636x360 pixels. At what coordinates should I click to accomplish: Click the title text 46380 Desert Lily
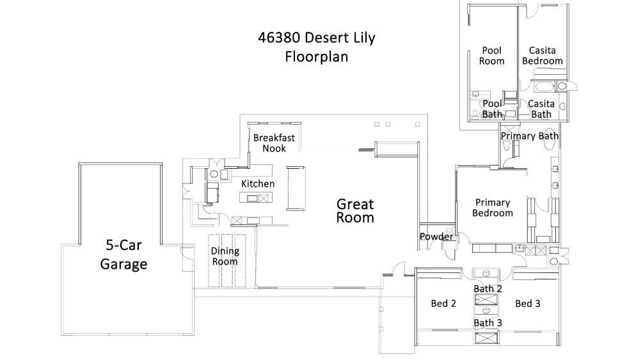pos(316,38)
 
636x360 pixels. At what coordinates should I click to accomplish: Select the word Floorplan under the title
pos(316,57)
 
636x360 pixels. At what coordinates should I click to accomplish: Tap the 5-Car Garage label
pos(123,254)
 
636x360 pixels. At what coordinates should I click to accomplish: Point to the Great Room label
pos(355,210)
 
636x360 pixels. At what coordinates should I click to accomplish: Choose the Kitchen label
pos(257,184)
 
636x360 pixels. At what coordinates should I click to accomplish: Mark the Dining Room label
pos(225,256)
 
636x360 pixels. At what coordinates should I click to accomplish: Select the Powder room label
pos(436,237)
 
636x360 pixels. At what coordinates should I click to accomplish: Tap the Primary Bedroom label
pos(492,208)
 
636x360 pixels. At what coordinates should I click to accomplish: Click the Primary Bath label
pos(529,136)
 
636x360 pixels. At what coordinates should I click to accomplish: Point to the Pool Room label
pos(491,56)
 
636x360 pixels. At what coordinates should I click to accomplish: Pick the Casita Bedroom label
pos(542,56)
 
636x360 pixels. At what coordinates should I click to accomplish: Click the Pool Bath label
pos(492,109)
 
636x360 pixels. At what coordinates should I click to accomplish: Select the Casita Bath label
pos(541,109)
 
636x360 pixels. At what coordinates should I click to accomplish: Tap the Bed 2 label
pos(443,304)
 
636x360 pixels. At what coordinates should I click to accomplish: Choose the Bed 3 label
pos(527,304)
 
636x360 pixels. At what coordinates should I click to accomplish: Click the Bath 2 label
pos(488,289)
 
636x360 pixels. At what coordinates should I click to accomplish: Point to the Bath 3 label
pos(488,323)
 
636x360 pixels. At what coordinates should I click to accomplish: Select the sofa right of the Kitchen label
pos(296,187)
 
